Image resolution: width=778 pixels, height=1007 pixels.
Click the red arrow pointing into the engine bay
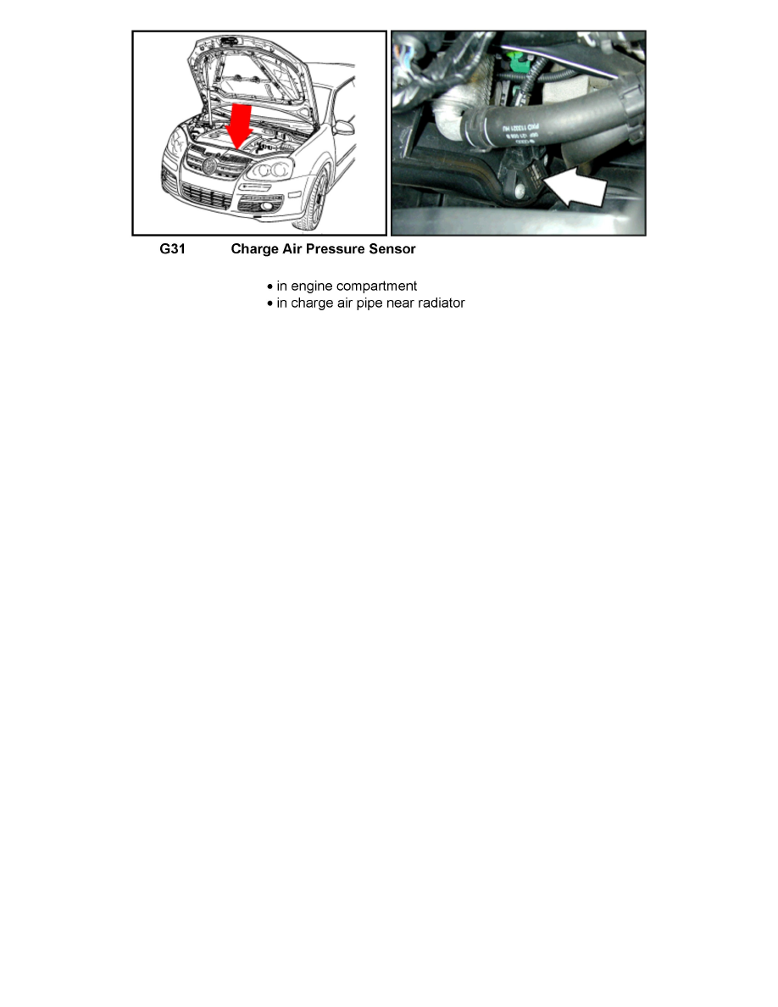click(240, 123)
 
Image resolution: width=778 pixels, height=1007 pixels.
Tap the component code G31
click(172, 250)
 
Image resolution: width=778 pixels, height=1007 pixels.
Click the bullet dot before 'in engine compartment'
click(270, 287)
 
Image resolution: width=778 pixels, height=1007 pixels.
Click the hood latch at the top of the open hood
click(229, 40)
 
